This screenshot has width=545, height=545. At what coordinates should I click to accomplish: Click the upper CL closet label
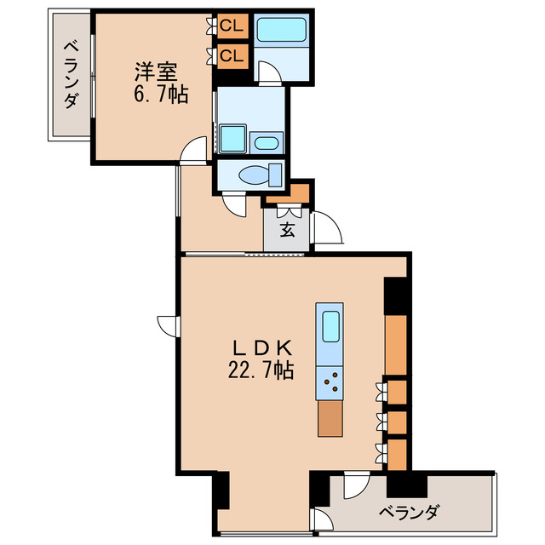point(232,26)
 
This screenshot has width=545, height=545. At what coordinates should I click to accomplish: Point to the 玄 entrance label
point(288,229)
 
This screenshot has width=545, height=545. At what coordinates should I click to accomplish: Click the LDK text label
point(263,347)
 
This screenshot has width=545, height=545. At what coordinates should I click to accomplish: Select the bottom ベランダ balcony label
point(409,513)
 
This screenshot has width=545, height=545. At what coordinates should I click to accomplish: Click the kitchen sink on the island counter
point(330,327)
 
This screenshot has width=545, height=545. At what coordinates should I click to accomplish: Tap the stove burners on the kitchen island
point(330,383)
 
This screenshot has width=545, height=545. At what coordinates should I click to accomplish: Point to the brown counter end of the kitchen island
point(330,418)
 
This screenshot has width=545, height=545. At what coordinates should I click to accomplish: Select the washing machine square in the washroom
point(232,138)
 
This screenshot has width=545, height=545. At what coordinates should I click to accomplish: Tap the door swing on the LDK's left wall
point(167,324)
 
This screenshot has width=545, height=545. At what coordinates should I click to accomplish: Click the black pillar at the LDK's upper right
point(396,295)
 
